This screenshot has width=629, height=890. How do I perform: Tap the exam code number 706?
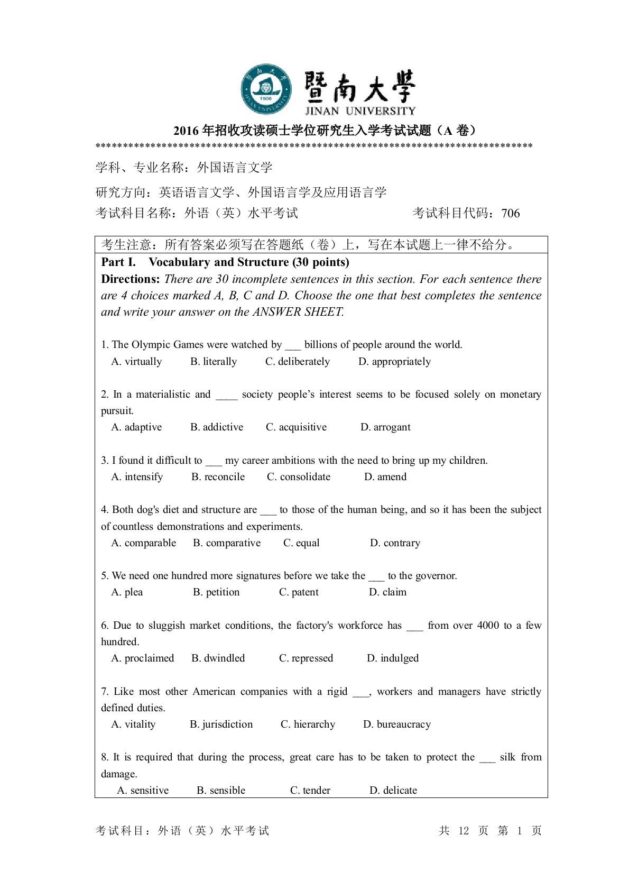pyautogui.click(x=510, y=213)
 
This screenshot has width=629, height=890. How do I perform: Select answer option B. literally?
pyautogui.click(x=214, y=362)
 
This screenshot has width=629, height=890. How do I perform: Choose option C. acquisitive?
pyautogui.click(x=296, y=427)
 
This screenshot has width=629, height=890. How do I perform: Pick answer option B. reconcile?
pyautogui.click(x=218, y=477)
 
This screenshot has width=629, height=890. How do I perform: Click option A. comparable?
pyautogui.click(x=144, y=543)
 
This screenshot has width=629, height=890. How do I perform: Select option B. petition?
pyautogui.click(x=216, y=592)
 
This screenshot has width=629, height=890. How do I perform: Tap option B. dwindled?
pyautogui.click(x=218, y=658)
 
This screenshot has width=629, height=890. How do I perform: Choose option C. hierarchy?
pyautogui.click(x=308, y=724)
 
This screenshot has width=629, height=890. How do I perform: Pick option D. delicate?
pyautogui.click(x=393, y=791)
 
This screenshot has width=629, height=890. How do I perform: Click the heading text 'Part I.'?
pyautogui.click(x=118, y=262)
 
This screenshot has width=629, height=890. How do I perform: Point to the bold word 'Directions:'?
pyautogui.click(x=131, y=279)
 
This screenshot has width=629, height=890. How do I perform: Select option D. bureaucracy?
pyautogui.click(x=397, y=724)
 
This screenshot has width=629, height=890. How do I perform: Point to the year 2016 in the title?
pyautogui.click(x=186, y=131)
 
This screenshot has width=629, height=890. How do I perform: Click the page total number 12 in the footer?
pyautogui.click(x=464, y=831)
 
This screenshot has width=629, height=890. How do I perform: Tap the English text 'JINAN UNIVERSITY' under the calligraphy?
pyautogui.click(x=360, y=111)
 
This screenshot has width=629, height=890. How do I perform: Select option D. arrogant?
pyautogui.click(x=385, y=427)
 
